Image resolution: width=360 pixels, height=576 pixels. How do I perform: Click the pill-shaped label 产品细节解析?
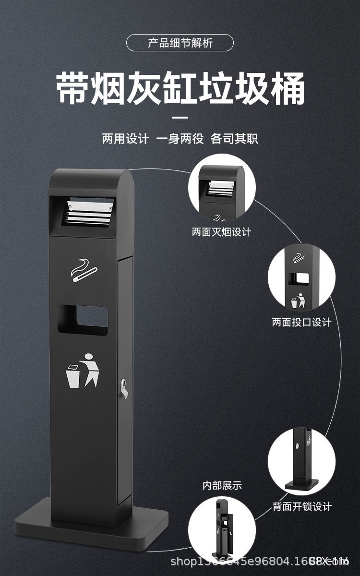pyautogui.click(x=180, y=43)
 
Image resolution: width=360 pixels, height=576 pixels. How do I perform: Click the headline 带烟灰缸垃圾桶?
pyautogui.click(x=180, y=89)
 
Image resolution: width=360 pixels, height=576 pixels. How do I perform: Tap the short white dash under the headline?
pyautogui.click(x=180, y=117)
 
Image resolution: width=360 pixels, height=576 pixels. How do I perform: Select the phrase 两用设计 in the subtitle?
pyautogui.click(x=125, y=139)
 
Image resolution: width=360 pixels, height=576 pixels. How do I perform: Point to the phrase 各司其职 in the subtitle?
pyautogui.click(x=234, y=139)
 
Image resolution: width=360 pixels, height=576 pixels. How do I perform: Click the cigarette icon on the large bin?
pyautogui.click(x=84, y=271)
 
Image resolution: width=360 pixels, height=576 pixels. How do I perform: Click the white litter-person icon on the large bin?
pyautogui.click(x=83, y=370)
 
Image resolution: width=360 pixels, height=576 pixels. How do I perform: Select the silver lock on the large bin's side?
pyautogui.click(x=124, y=386)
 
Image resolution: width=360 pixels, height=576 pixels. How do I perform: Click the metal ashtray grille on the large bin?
pyautogui.click(x=90, y=212)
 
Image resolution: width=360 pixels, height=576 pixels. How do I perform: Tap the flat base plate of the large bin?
pyautogui.click(x=91, y=516)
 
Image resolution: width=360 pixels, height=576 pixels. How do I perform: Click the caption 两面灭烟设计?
pyautogui.click(x=221, y=232)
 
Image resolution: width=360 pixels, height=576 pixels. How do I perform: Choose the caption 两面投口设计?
pyautogui.click(x=301, y=322)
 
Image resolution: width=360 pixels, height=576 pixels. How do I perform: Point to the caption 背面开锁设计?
pyautogui.click(x=302, y=506)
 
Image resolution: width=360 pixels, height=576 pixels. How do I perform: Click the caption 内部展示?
pyautogui.click(x=222, y=486)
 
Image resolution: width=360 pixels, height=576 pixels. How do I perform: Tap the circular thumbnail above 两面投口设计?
pyautogui.click(x=301, y=278)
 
